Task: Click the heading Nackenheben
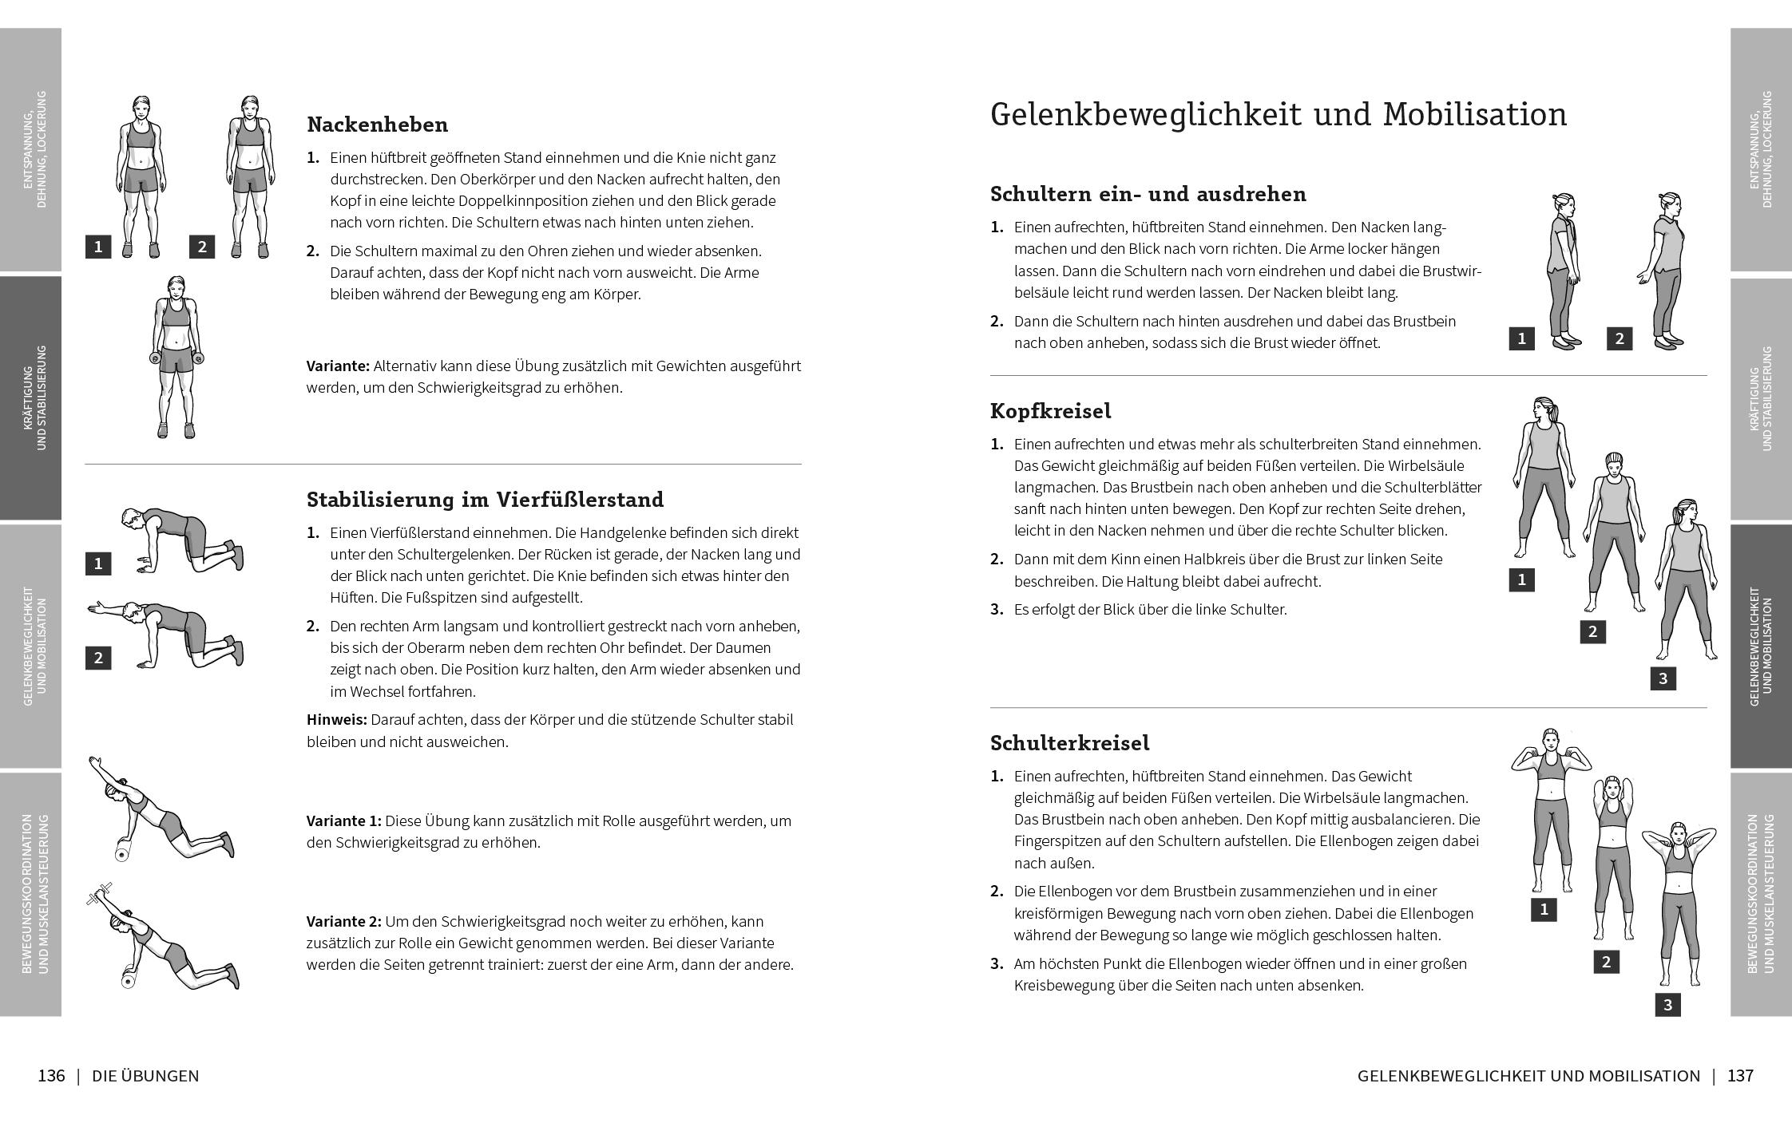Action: pyautogui.click(x=377, y=125)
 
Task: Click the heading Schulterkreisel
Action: pyautogui.click(x=1069, y=743)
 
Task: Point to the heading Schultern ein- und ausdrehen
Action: pyautogui.click(x=1148, y=194)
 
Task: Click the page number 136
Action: pyautogui.click(x=51, y=1076)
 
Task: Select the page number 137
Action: pyautogui.click(x=1740, y=1076)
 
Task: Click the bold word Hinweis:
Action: pyautogui.click(x=336, y=720)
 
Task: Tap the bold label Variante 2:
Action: pyautogui.click(x=343, y=921)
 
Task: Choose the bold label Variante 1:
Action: pyautogui.click(x=343, y=821)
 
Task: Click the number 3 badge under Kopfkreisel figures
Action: pyautogui.click(x=1663, y=679)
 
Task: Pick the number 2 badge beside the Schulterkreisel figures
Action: pyautogui.click(x=1606, y=962)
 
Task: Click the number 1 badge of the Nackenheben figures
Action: pyautogui.click(x=98, y=247)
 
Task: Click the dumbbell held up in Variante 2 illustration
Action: pyautogui.click(x=101, y=894)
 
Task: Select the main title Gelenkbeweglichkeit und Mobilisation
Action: pyautogui.click(x=1278, y=115)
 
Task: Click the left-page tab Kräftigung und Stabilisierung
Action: pyautogui.click(x=31, y=397)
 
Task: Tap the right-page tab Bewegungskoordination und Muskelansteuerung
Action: pyautogui.click(x=1761, y=893)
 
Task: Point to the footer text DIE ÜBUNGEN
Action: pyautogui.click(x=145, y=1076)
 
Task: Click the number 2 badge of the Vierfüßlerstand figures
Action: pyautogui.click(x=98, y=658)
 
